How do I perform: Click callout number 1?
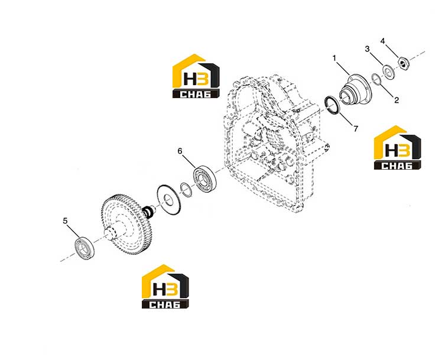pyautogui.click(x=334, y=58)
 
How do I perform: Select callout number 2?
pyautogui.click(x=396, y=100)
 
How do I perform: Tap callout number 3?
pyautogui.click(x=367, y=49)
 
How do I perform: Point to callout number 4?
pyautogui.click(x=383, y=41)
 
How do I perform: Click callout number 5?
pyautogui.click(x=65, y=221)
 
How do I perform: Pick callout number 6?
pyautogui.click(x=180, y=151)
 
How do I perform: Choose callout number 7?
pyautogui.click(x=356, y=129)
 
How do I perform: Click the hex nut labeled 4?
pyautogui.click(x=403, y=63)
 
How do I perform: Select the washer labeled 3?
pyautogui.click(x=388, y=71)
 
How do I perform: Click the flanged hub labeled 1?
pyautogui.click(x=356, y=89)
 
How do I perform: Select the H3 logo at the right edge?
pyautogui.click(x=398, y=148)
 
